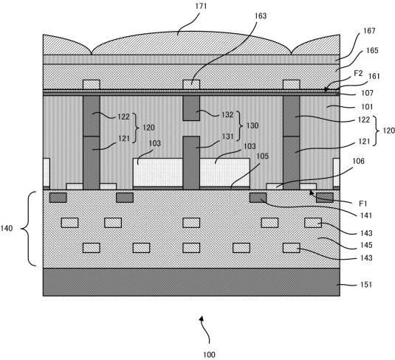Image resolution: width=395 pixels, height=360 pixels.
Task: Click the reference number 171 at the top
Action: click(201, 6)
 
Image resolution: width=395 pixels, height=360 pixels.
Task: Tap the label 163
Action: click(261, 15)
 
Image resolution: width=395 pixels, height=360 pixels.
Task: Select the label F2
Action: click(358, 73)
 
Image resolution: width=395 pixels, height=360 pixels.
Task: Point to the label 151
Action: click(366, 285)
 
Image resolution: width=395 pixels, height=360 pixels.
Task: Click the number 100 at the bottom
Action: click(209, 355)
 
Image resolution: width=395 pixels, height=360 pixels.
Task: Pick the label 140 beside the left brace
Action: click(7, 229)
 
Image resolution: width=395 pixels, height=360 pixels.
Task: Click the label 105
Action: click(263, 156)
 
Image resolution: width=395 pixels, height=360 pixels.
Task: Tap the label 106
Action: click(358, 161)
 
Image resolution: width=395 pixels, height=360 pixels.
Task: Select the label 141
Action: click(365, 215)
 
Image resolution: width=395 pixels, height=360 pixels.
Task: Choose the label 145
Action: click(366, 245)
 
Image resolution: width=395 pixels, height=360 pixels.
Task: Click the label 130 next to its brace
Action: click(253, 125)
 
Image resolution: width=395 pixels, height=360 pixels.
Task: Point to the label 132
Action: click(227, 115)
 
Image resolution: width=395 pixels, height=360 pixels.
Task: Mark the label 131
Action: click(227, 136)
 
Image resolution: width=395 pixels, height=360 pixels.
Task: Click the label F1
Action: click(363, 204)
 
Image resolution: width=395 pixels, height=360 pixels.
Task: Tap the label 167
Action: click(369, 31)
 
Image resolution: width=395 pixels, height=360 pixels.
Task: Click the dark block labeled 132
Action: click(191, 108)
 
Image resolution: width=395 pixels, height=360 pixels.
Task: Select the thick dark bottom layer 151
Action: click(191, 282)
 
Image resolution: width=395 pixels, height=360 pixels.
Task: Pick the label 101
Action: click(367, 107)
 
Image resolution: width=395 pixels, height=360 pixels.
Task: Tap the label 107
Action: click(367, 93)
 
